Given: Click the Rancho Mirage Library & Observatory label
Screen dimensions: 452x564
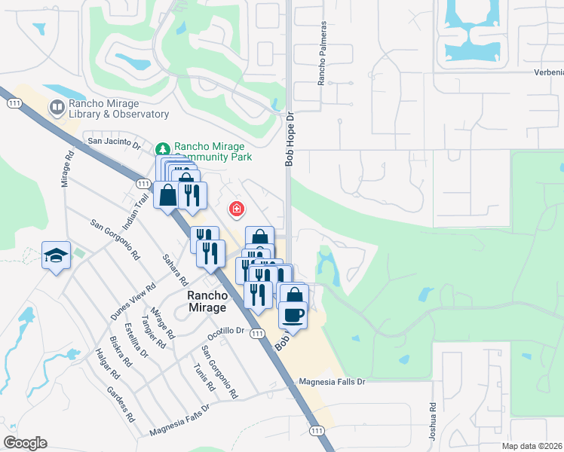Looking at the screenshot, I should (118, 108).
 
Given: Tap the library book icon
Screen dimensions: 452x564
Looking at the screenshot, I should (56, 108).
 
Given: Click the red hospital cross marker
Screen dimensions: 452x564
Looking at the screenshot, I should (236, 208).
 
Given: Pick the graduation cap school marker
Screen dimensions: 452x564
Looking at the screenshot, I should (56, 256).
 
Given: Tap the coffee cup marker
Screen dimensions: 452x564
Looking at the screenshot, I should (293, 314).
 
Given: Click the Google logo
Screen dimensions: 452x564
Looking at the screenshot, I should (25, 443).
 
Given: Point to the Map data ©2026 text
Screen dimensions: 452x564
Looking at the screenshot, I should (532, 446).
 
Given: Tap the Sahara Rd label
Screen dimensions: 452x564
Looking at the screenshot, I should (176, 269).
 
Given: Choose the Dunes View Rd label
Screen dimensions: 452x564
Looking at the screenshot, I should (133, 301).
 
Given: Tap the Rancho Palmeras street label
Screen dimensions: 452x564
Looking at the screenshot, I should (322, 63).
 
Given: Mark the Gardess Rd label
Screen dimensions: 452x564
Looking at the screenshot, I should (121, 404).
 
